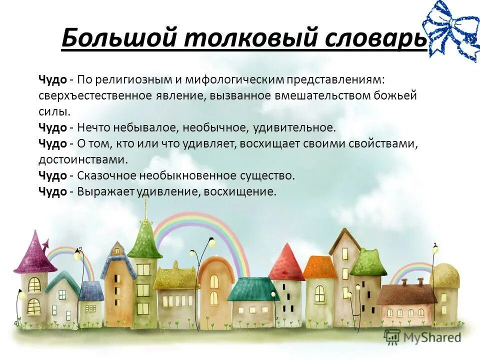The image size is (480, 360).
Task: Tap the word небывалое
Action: [153, 127]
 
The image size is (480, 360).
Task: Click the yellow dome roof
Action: [445, 275]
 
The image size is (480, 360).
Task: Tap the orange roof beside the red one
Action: [320, 267]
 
